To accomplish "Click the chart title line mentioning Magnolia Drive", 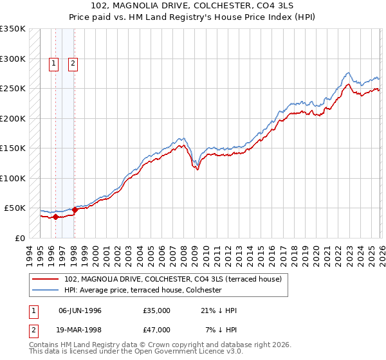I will coord(192,5).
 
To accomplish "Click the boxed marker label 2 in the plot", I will coord(73,63).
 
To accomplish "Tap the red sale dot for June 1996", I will coord(55,217).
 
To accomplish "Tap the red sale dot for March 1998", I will coord(75,210).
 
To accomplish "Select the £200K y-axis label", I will coord(13,118).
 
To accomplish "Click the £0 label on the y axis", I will coord(21,238).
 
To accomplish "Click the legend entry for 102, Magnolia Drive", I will coord(173,279).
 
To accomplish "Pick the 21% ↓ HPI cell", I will coord(219,310).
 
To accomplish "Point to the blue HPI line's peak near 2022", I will coord(348,73).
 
